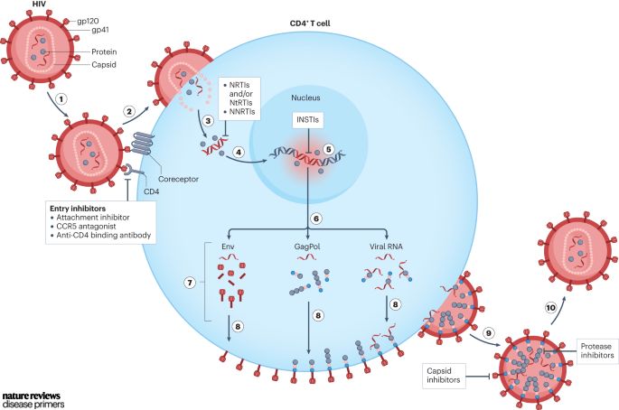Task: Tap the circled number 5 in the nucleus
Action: tap(329, 148)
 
